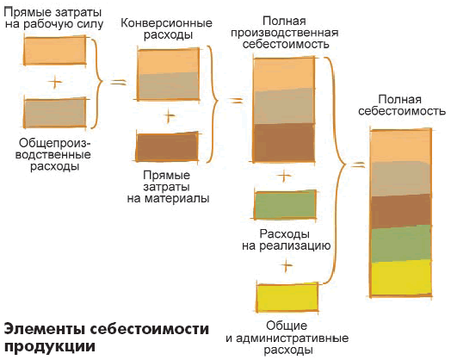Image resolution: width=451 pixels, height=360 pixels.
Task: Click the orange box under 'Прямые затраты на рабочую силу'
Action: tap(55, 51)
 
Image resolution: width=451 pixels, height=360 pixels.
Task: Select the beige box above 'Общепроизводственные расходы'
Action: tap(55, 113)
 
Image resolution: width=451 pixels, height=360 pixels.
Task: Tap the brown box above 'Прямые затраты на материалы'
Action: tap(167, 147)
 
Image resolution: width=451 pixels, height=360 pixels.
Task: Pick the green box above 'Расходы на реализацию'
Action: tap(285, 205)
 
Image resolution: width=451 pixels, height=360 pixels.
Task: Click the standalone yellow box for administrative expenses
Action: tap(287, 297)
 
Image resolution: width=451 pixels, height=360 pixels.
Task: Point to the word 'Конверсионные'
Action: tap(166, 23)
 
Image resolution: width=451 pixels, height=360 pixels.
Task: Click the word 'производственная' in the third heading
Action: tap(285, 33)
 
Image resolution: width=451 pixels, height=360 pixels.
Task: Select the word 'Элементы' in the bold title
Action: tap(45, 329)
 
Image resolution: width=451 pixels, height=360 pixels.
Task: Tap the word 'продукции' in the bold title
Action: tap(49, 347)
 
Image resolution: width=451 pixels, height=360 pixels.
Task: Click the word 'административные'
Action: tap(293, 338)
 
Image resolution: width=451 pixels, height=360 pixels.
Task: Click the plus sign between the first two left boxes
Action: tap(55, 83)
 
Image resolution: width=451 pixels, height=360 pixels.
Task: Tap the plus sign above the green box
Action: tap(284, 176)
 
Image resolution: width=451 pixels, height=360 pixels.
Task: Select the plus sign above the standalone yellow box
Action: tap(287, 265)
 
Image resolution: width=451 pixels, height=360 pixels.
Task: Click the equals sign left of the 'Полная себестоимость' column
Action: tap(357, 165)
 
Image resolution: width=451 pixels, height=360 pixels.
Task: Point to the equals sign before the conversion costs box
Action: tap(119, 83)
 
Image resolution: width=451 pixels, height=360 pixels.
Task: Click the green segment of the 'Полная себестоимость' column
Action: tap(401, 244)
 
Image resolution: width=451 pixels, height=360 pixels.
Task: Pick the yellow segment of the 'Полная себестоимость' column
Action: tap(401, 278)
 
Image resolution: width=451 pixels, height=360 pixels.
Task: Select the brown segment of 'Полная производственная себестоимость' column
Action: tap(284, 143)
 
